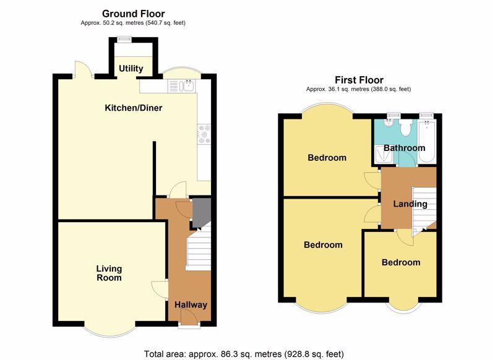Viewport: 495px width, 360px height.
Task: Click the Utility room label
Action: click(131, 69)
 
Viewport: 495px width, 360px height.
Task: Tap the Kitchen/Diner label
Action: click(134, 108)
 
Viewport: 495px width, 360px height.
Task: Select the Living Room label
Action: click(109, 273)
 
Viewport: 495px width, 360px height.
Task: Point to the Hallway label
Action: click(191, 305)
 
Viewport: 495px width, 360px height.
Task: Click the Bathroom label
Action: click(404, 148)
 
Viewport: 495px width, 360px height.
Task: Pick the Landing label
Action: click(410, 204)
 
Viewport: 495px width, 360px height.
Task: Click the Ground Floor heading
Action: click(133, 14)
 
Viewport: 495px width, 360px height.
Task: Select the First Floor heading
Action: click(359, 80)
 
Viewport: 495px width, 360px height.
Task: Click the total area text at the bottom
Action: click(244, 354)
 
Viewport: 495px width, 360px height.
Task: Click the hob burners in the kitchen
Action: click(204, 134)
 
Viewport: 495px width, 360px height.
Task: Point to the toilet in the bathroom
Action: click(405, 127)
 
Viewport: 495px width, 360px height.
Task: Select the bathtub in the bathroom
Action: click(427, 141)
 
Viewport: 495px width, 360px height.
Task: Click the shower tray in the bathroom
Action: click(384, 155)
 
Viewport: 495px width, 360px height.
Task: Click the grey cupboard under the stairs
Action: click(202, 213)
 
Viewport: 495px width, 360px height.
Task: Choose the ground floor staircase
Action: click(199, 247)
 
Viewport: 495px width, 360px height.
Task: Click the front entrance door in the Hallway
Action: click(189, 315)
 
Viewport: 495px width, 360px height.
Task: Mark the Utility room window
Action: click(124, 39)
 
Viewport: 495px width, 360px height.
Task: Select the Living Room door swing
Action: click(160, 289)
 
